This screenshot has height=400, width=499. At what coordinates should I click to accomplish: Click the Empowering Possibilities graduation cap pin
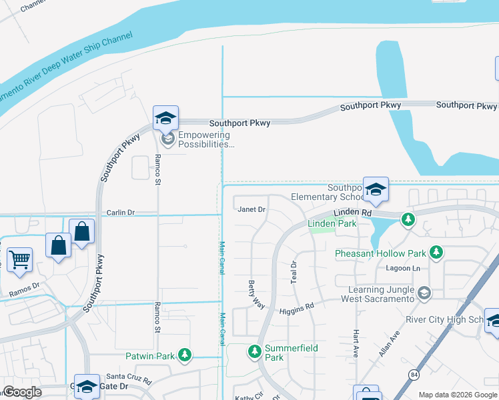(165, 119)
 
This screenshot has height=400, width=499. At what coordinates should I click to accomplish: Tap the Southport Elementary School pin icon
(375, 190)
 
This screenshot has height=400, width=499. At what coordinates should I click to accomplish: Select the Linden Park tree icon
(408, 219)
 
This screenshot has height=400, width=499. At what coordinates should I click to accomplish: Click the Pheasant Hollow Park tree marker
(436, 253)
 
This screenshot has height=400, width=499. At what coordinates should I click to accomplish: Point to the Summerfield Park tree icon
(254, 351)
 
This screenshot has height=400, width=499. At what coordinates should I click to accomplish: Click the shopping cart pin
(19, 259)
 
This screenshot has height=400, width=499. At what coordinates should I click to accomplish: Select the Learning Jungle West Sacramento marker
(423, 293)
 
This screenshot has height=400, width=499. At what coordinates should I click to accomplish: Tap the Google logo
(22, 392)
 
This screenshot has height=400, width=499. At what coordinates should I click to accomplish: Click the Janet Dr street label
(252, 209)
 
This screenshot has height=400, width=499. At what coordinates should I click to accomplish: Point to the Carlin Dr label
(121, 213)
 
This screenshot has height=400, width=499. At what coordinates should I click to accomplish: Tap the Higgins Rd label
(296, 309)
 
